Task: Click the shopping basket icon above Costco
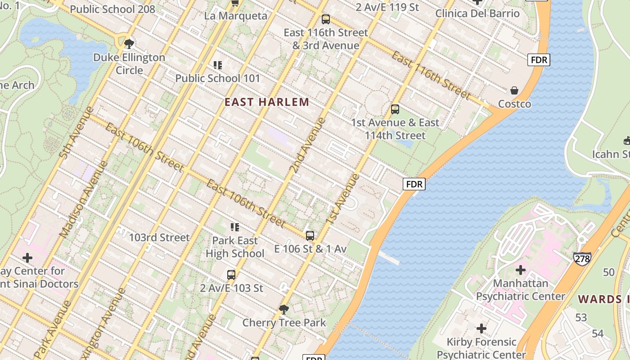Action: tap(514, 91)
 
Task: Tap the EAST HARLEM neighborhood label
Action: tap(267, 102)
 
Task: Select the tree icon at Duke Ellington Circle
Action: tap(129, 44)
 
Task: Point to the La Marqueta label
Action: tap(235, 16)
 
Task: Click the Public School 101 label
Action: tap(218, 78)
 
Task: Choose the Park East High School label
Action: tap(235, 247)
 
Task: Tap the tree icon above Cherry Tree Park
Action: tap(284, 309)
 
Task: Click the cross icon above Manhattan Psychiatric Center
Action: tap(521, 270)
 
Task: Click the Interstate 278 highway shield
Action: tap(582, 258)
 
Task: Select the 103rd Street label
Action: tap(159, 237)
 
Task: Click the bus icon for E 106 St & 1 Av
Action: tap(310, 236)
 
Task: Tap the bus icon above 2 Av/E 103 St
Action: tap(231, 274)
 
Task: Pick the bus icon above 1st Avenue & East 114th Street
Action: tap(395, 109)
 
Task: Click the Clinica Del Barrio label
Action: tap(477, 13)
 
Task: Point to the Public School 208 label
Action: tap(112, 9)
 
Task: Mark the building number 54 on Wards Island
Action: tap(598, 334)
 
